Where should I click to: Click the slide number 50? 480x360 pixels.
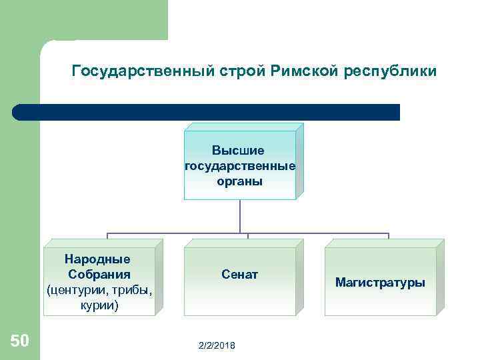click(19, 341)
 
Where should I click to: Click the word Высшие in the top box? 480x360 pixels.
click(238, 151)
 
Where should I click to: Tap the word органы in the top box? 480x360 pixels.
click(239, 180)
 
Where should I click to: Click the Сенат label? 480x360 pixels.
click(239, 275)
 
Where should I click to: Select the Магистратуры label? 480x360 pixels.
click(380, 283)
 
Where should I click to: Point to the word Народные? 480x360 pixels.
click(97, 259)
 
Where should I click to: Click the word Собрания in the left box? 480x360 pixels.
click(99, 275)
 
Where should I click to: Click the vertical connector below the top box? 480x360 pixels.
click(239, 217)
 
